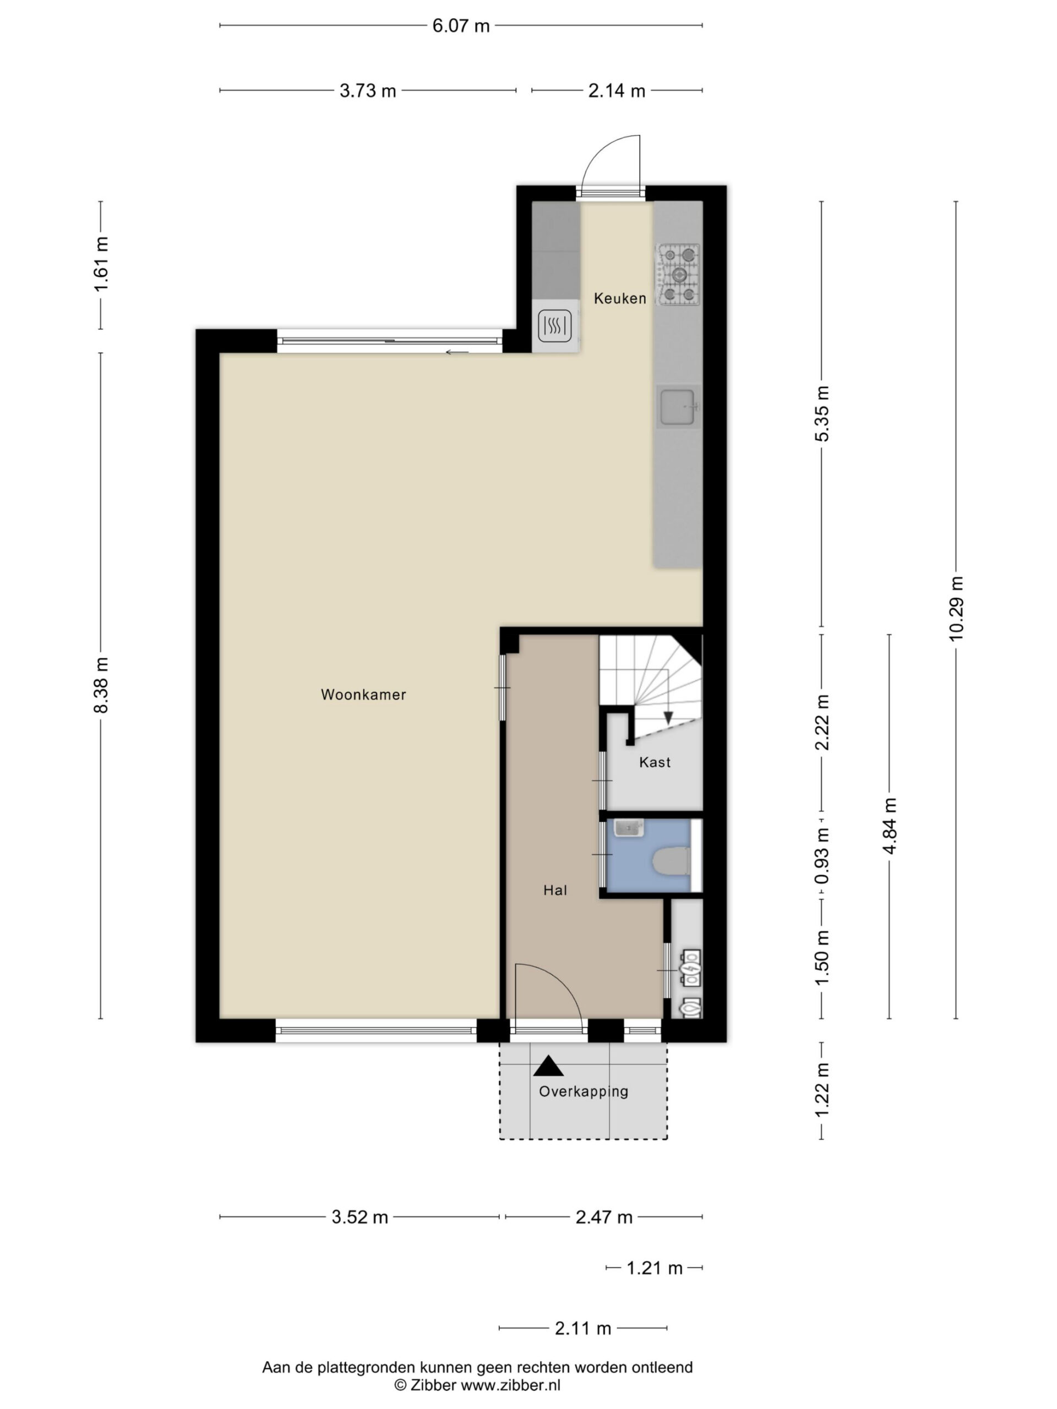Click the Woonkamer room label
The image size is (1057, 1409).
[363, 694]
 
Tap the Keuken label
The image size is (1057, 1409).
[620, 298]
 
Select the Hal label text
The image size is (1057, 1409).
[555, 890]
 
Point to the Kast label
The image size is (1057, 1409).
[655, 762]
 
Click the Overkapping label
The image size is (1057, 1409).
[584, 1091]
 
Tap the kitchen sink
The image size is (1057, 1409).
[679, 407]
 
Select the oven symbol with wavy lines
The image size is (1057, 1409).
[555, 326]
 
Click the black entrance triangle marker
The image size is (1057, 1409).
[548, 1066]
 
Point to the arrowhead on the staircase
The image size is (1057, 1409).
[668, 718]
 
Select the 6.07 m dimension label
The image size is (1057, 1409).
[461, 26]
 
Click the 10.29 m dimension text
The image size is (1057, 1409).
[956, 608]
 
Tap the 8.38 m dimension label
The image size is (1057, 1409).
[101, 685]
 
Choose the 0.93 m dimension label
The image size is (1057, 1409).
[822, 855]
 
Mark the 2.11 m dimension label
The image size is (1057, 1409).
[583, 1328]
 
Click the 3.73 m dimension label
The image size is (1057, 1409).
[368, 91]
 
